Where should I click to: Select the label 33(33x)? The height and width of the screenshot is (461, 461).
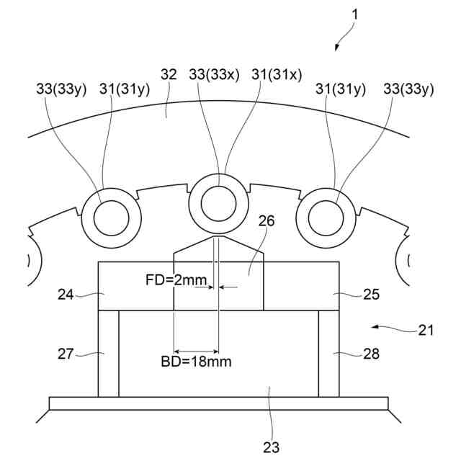[x=214, y=74]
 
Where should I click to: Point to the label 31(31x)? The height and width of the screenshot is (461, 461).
[x=277, y=74]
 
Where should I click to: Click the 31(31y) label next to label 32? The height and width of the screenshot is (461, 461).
[x=125, y=89]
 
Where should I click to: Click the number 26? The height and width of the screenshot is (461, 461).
[x=267, y=222]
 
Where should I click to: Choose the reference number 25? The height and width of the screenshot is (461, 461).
[x=371, y=294]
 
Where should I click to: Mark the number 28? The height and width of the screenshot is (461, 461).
[x=371, y=353]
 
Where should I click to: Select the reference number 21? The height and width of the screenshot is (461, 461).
[x=426, y=331]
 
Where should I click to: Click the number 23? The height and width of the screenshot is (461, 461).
[x=271, y=447]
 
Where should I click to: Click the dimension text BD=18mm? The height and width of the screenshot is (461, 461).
[x=196, y=362]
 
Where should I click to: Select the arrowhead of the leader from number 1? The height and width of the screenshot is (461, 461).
[x=336, y=49]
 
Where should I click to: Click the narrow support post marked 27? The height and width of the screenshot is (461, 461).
[x=108, y=353]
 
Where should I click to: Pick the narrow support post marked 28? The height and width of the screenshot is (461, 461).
[x=329, y=353]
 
